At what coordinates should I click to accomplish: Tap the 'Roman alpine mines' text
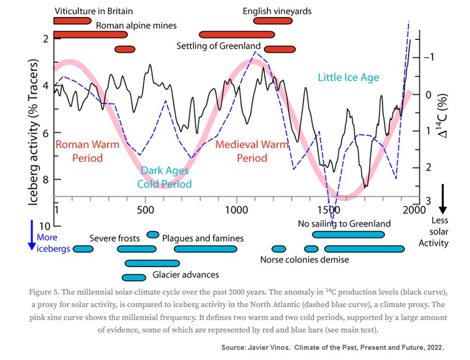coord(136,25)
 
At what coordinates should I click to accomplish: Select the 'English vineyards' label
coord(277,11)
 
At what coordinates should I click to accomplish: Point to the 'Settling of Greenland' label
coord(219,46)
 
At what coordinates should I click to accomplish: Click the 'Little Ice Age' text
coord(348,77)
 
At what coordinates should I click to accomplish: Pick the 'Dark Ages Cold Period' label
coord(164,177)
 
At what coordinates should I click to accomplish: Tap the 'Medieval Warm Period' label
coord(252,151)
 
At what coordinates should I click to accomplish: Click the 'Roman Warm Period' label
coord(87,151)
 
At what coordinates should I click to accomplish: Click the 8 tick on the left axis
coord(45,179)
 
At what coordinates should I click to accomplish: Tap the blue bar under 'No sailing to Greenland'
coord(348,235)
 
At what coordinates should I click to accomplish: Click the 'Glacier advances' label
coord(186,275)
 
